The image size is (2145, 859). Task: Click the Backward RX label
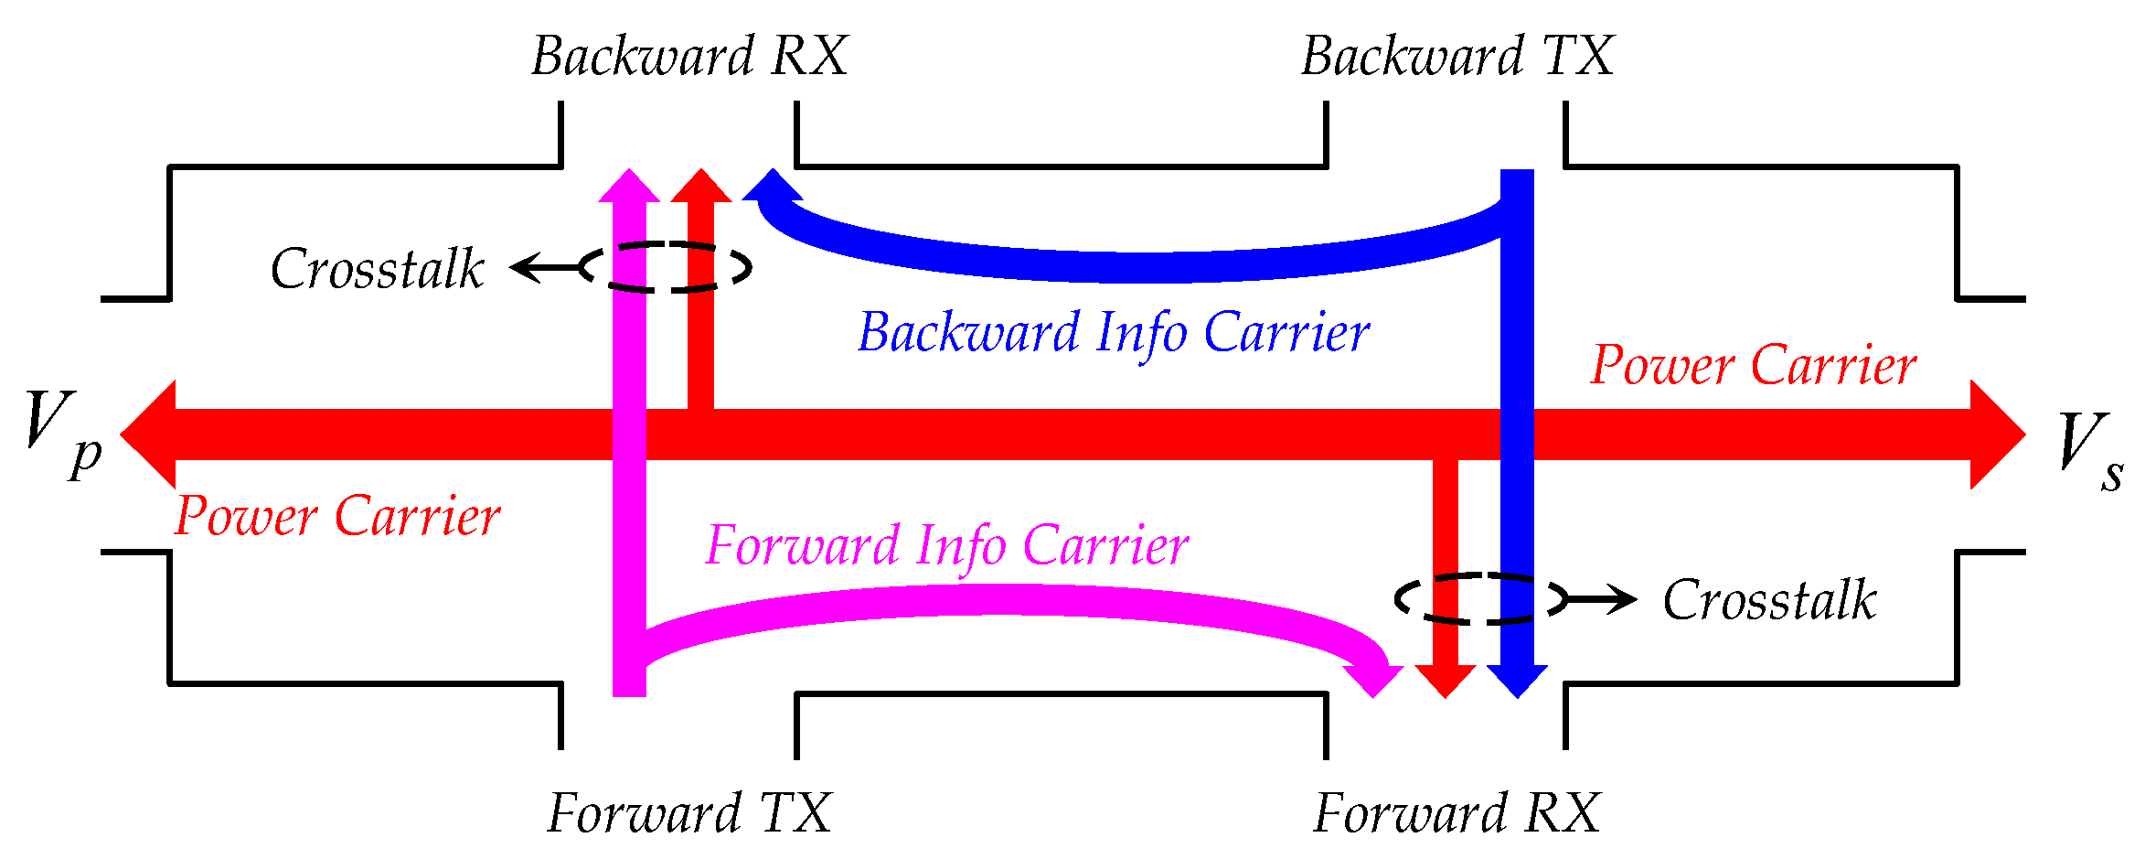click(689, 57)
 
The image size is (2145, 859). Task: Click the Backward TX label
click(1457, 57)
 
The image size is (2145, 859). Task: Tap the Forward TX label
click(689, 813)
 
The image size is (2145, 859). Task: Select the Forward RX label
click(1457, 813)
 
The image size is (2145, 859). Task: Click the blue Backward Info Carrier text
click(1114, 333)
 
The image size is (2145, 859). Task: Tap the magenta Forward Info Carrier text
click(947, 547)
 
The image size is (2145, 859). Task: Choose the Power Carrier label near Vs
click(1753, 366)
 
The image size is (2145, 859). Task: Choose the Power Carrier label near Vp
click(337, 517)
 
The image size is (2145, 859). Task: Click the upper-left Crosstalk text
click(377, 269)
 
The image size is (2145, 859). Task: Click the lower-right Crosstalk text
click(1769, 601)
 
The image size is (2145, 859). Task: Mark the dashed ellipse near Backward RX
click(666, 267)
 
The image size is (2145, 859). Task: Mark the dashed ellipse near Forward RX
click(1481, 599)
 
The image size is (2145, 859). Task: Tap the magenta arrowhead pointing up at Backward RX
click(629, 186)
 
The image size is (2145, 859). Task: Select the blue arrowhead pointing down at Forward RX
click(1517, 680)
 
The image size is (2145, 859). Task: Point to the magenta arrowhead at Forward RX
click(1374, 680)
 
